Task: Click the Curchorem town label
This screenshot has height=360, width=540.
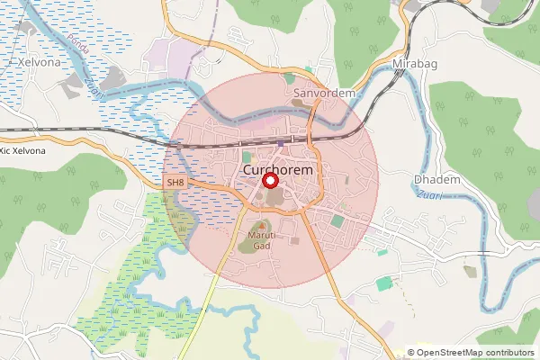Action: (x=276, y=169)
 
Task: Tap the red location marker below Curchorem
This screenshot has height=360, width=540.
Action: (x=270, y=181)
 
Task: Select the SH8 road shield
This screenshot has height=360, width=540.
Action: (x=175, y=183)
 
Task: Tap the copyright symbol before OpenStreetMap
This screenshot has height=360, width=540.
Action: (x=411, y=353)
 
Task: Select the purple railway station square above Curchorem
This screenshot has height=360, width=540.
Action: (x=281, y=142)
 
